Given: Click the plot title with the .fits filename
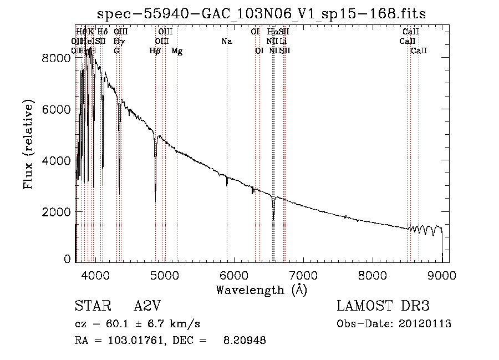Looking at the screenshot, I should pyautogui.click(x=261, y=14).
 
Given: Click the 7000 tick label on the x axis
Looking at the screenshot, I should pyautogui.click(x=303, y=274).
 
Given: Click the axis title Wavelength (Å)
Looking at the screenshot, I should pyautogui.click(x=261, y=290).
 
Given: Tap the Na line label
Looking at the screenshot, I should pyautogui.click(x=226, y=41).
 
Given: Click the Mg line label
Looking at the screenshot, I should pyautogui.click(x=177, y=51).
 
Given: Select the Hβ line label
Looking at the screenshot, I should pyautogui.click(x=155, y=51).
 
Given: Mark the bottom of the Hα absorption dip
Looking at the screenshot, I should pyautogui.click(x=273, y=219).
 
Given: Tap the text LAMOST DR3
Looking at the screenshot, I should pyautogui.click(x=383, y=306).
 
